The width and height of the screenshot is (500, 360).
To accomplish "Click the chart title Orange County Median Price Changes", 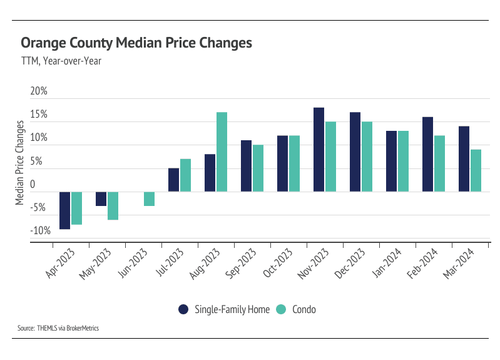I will coord(136,43).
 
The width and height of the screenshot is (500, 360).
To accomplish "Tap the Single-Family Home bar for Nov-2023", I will coord(319,150).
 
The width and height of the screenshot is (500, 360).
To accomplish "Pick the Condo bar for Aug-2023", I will coord(222,152).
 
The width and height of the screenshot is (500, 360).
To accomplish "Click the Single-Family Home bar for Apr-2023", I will coord(64,210).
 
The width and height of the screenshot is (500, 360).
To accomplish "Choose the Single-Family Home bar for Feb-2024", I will coord(428,154).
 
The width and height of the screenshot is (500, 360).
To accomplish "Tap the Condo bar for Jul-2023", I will coord(185,175).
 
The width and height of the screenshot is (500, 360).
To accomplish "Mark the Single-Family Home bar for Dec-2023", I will coord(355,152).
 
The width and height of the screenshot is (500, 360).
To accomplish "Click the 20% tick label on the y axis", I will coord(39,91).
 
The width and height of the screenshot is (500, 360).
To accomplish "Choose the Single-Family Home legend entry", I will coord(226,309).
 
